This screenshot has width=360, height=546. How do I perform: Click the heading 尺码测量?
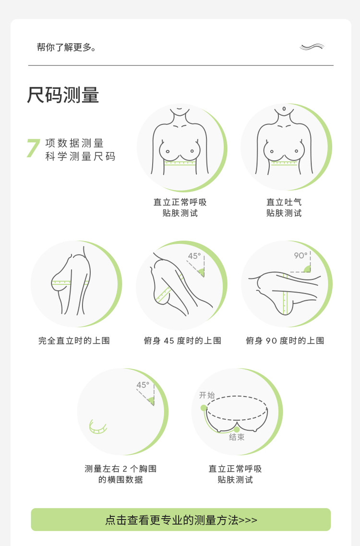pyautogui.click(x=63, y=95)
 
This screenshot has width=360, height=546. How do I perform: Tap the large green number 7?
pyautogui.click(x=33, y=148)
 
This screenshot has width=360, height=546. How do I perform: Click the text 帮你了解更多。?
pyautogui.click(x=67, y=47)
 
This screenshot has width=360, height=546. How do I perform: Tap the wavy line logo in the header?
pyautogui.click(x=312, y=47)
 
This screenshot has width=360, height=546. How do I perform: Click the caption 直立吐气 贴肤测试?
pyautogui.click(x=284, y=207)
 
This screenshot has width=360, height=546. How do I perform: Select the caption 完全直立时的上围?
pyautogui.click(x=74, y=340)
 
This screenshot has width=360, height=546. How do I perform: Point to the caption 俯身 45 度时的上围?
pyautogui.click(x=182, y=340)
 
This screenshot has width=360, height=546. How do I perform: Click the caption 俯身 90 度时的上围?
pyautogui.click(x=285, y=340)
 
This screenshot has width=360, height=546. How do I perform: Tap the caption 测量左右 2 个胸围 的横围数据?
pyautogui.click(x=120, y=474)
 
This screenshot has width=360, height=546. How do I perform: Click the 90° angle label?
pyautogui.click(x=300, y=255)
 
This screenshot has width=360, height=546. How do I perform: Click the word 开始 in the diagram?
pyautogui.click(x=207, y=395)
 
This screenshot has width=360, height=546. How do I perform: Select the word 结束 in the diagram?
pyautogui.click(x=237, y=437)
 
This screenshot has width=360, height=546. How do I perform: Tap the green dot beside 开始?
pyautogui.click(x=204, y=408)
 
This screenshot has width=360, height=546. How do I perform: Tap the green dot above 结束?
pyautogui.click(x=237, y=429)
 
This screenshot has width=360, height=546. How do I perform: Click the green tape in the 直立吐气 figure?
pyautogui.click(x=284, y=163)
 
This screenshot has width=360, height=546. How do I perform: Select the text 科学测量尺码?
pyautogui.click(x=80, y=157)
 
